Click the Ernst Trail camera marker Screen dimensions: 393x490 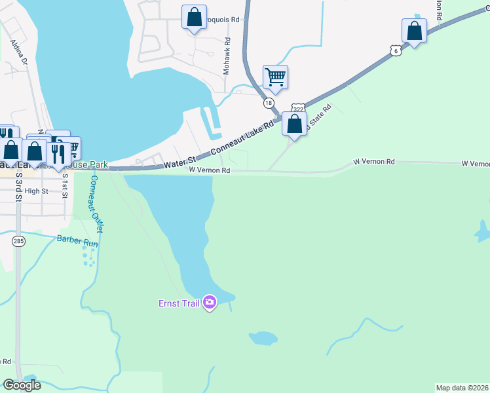(x=210, y=302)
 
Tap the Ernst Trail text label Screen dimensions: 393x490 (x=179, y=303)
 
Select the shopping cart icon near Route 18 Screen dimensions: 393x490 (x=275, y=77)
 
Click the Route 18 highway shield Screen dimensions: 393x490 (x=269, y=103)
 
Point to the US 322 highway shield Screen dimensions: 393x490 (x=298, y=108)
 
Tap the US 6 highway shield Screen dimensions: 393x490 (x=393, y=50)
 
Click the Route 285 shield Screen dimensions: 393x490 (x=18, y=241)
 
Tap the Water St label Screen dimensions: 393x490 (x=179, y=161)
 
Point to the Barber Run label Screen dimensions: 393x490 (x=77, y=240)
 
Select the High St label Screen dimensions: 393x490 (x=37, y=191)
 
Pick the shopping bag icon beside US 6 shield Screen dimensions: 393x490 (x=414, y=31)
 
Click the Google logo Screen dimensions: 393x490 (x=22, y=385)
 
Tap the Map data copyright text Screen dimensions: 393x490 (x=462, y=387)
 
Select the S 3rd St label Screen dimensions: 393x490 (x=20, y=185)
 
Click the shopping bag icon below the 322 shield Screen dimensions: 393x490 (x=295, y=123)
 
